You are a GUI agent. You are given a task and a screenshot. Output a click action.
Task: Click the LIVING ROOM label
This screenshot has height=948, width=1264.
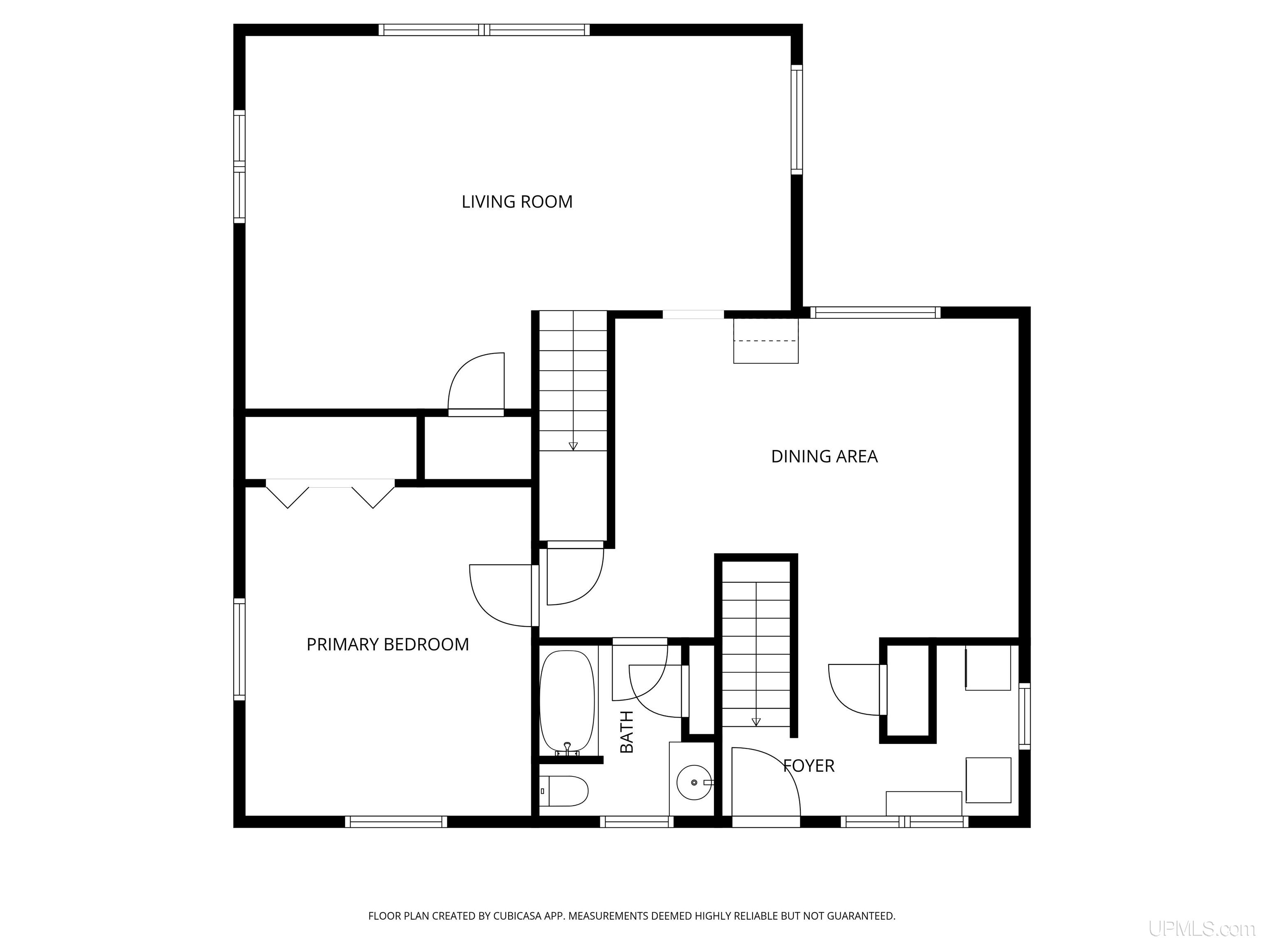click(517, 202)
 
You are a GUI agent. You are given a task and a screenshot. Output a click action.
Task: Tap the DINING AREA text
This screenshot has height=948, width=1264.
click(824, 456)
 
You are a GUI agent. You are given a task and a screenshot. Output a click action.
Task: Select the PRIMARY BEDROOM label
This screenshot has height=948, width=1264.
click(388, 645)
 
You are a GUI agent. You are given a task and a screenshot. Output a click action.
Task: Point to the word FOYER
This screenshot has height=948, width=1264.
click(809, 766)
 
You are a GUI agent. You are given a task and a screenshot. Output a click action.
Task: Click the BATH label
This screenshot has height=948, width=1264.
click(627, 732)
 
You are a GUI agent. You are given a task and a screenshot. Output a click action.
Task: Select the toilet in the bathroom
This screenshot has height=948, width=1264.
click(564, 791)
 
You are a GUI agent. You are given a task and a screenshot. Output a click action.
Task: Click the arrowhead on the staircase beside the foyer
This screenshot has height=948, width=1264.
click(756, 722)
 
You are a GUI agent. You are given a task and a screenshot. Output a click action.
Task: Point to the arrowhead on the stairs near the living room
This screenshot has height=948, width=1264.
click(573, 446)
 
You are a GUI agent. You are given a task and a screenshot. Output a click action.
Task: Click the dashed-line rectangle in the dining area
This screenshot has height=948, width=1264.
click(766, 341)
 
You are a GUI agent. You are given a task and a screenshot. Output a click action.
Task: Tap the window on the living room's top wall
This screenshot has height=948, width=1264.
click(484, 30)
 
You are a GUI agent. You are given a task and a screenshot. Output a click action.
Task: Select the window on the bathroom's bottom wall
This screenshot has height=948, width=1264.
click(637, 822)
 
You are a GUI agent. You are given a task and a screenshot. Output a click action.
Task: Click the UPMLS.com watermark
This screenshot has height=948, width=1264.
click(1202, 929)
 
